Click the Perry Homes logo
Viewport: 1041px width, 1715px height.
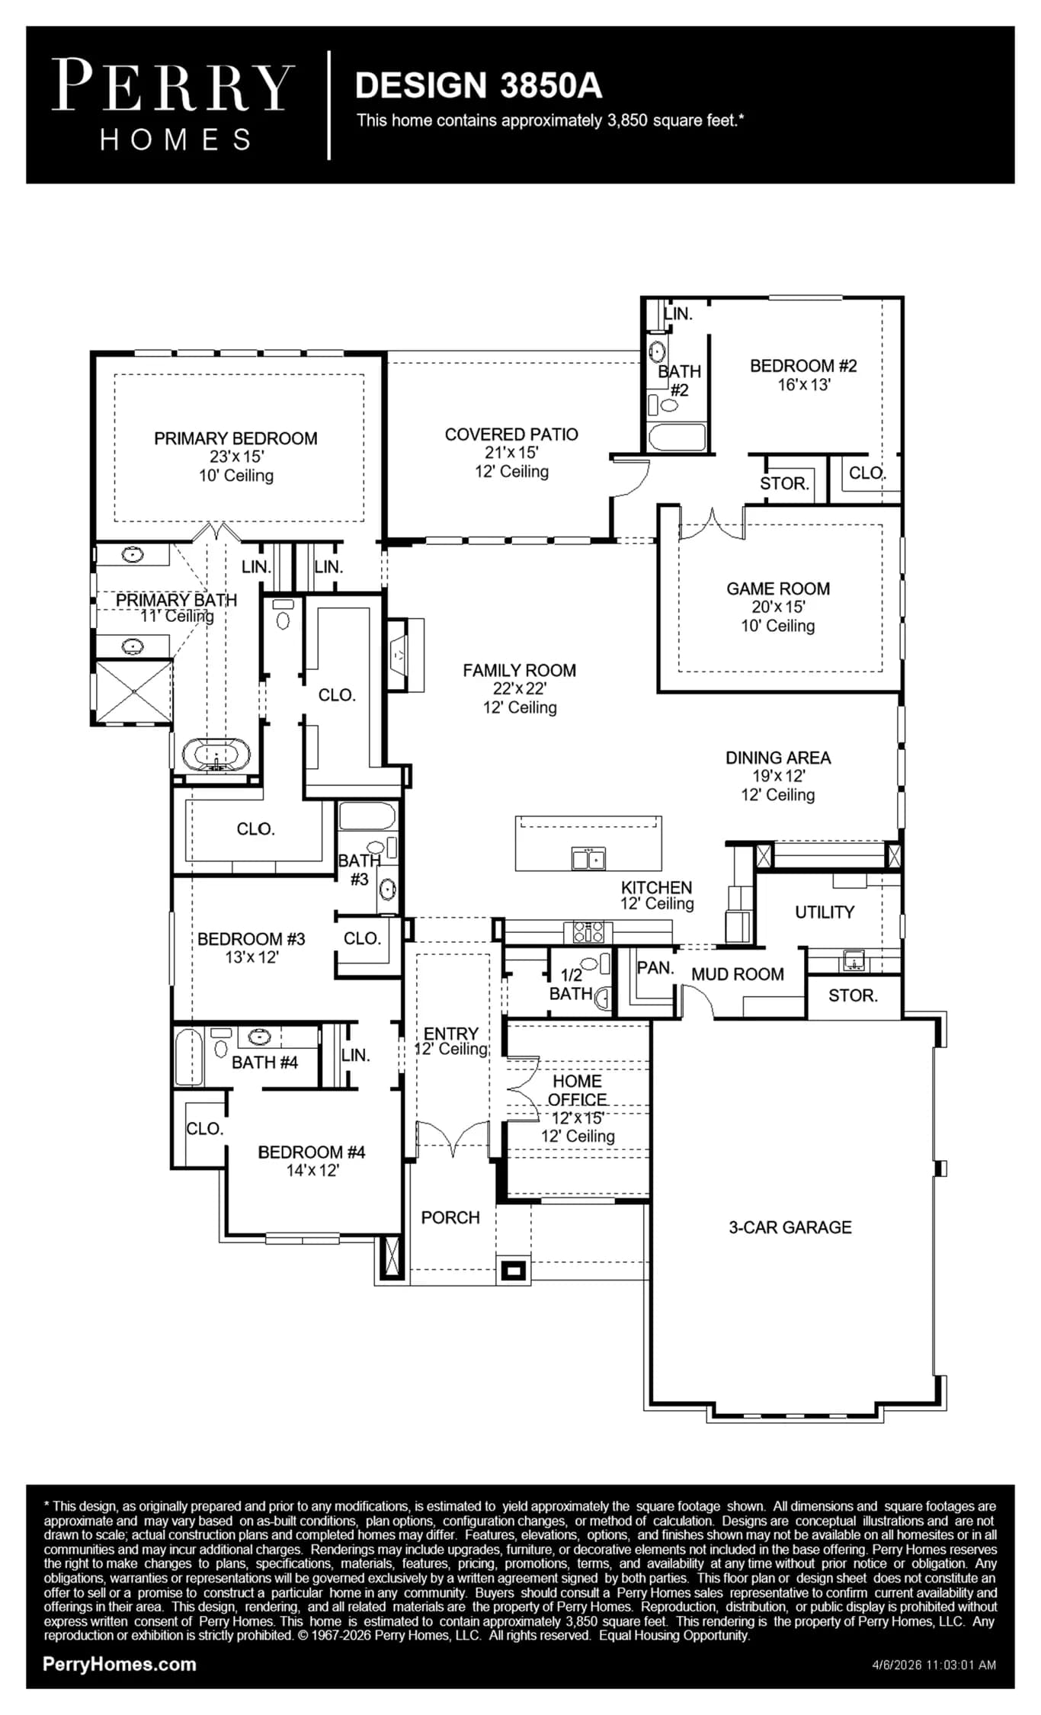click(173, 105)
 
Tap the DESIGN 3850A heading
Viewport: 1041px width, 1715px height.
click(479, 85)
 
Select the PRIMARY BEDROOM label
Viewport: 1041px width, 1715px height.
click(235, 438)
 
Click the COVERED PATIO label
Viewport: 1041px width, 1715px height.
click(511, 434)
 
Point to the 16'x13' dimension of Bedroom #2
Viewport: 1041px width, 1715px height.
click(804, 384)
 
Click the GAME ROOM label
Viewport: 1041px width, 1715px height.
click(778, 588)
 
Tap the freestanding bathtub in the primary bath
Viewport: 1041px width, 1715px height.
click(216, 755)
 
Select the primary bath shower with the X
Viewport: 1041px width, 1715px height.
click(134, 691)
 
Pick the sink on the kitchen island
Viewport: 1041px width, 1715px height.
click(588, 858)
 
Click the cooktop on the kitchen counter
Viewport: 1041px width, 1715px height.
click(588, 931)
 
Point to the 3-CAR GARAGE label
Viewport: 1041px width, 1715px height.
click(790, 1227)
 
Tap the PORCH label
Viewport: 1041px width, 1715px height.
click(450, 1217)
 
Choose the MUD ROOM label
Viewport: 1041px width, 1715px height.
click(738, 974)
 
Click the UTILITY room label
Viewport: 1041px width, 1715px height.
click(825, 912)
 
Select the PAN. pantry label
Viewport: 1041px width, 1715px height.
click(655, 968)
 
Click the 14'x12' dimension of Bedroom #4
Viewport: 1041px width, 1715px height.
click(312, 1170)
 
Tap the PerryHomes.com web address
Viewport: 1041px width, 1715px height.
click(120, 1664)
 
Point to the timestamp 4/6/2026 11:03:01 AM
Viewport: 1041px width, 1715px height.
click(934, 1665)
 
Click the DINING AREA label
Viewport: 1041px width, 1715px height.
click(778, 758)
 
